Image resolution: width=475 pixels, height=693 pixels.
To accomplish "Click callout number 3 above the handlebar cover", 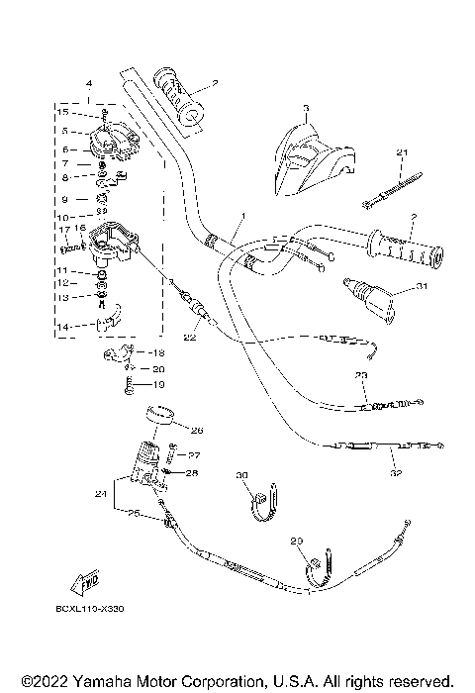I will click(306, 107).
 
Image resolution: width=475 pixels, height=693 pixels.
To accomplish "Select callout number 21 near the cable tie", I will click(402, 152).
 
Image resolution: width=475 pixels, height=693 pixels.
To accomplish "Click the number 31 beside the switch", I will click(422, 288).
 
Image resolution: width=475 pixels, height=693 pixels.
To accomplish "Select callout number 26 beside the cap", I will click(196, 431).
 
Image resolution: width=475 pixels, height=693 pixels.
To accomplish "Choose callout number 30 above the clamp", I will click(241, 476).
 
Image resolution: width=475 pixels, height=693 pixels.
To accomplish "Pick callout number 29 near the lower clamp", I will click(295, 543).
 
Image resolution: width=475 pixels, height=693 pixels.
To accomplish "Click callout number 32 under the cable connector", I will click(398, 474).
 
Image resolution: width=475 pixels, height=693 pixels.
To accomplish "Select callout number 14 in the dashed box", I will click(63, 326).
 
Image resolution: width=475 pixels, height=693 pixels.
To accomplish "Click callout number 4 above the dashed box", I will click(89, 83).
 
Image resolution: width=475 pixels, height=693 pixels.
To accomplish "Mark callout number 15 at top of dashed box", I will click(61, 113).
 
